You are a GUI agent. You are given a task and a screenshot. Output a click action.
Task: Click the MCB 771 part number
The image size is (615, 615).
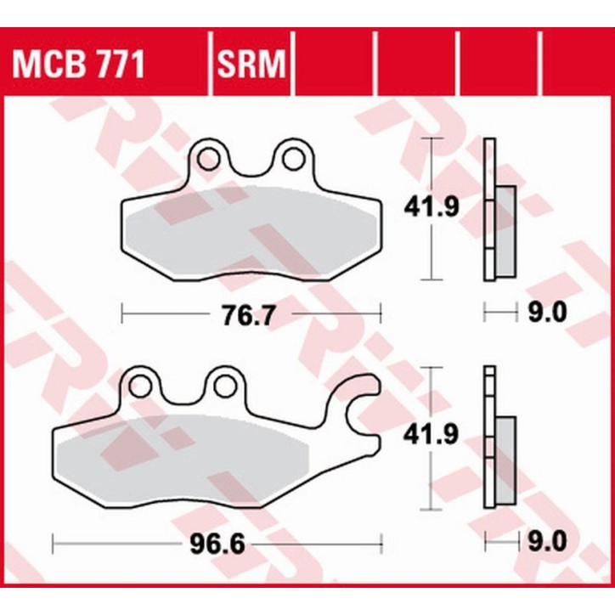[77, 63]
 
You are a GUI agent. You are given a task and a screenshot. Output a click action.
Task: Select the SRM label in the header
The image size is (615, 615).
[251, 63]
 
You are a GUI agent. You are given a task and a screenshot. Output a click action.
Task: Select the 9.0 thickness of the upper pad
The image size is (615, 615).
[547, 313]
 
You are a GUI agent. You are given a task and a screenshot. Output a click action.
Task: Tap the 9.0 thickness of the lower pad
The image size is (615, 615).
[547, 539]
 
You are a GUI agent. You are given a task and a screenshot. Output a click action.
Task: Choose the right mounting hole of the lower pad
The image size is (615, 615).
[223, 386]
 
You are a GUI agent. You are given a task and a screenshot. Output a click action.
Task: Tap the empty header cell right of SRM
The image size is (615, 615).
[334, 63]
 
